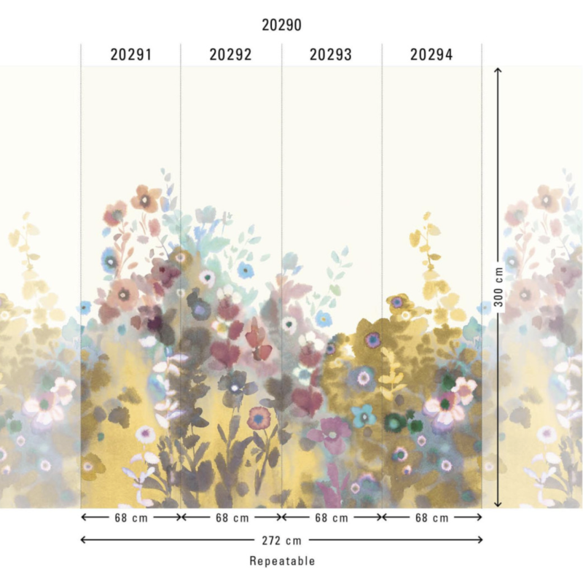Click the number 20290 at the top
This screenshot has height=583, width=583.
pos(281,25)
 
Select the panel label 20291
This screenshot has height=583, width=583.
pos(131,55)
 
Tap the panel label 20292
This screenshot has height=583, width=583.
pos(230,55)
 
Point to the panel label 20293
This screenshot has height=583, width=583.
pos(331,55)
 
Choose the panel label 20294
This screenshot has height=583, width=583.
pos(431,55)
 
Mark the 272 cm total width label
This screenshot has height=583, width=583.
pos(281,540)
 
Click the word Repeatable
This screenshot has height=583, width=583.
pos(282,561)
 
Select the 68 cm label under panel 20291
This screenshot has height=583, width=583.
pos(131,517)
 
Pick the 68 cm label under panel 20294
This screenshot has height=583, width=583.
pos(431,517)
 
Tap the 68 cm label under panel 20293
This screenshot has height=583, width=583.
pos(331,517)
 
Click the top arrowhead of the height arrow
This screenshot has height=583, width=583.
pos(498,70)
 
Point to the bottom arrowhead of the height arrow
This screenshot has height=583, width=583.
pos(498,504)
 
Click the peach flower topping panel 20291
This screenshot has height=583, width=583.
pos(146,198)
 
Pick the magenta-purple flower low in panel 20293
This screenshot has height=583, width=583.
pos(329,431)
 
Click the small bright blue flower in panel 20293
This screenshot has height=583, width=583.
pos(323,318)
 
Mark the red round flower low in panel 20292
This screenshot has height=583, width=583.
pos(259,418)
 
